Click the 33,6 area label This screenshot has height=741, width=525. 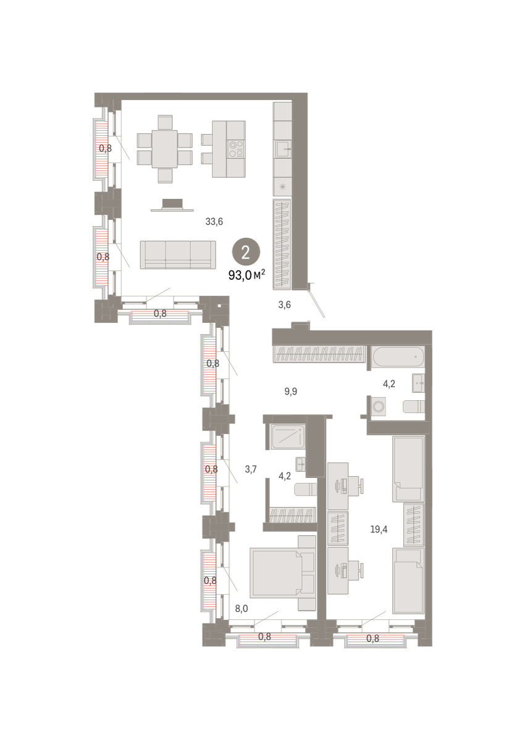pyautogui.click(x=214, y=222)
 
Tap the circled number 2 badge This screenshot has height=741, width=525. pyautogui.click(x=246, y=253)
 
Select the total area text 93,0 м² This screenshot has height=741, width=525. pyautogui.click(x=247, y=275)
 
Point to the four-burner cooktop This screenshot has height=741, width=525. pyautogui.click(x=235, y=149)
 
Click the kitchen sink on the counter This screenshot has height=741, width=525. pyautogui.click(x=282, y=149)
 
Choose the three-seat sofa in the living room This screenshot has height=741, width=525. pyautogui.click(x=178, y=254)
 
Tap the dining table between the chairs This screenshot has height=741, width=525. pyautogui.click(x=165, y=149)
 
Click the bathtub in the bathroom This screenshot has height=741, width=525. pyautogui.click(x=398, y=358)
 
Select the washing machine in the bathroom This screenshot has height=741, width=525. pyautogui.click(x=378, y=406)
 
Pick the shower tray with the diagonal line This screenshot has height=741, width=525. pyautogui.click(x=287, y=437)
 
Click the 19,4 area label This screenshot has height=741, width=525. pyautogui.click(x=379, y=530)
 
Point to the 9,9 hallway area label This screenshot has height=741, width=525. pyautogui.click(x=291, y=391)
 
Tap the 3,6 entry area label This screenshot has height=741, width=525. pyautogui.click(x=285, y=304)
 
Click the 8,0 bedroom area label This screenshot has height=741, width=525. pyautogui.click(x=241, y=608)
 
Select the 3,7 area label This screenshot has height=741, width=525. pyautogui.click(x=251, y=469)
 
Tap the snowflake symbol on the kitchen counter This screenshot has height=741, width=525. pyautogui.click(x=282, y=186)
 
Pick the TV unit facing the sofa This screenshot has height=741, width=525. pyautogui.click(x=172, y=205)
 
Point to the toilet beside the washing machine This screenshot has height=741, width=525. pyautogui.click(x=414, y=406)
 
